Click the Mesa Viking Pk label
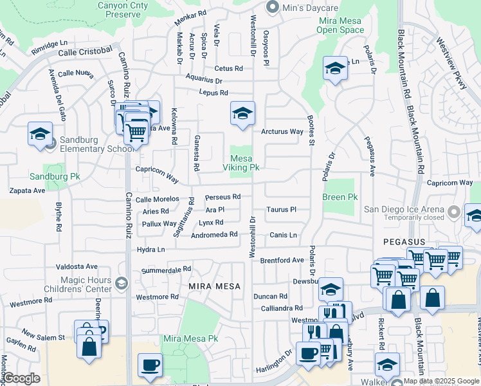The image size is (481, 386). click(x=245, y=163)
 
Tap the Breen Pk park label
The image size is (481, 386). click(x=340, y=197)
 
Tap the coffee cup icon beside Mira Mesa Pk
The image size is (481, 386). click(x=150, y=365)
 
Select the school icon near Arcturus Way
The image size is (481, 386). click(x=242, y=114)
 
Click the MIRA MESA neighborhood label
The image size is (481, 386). click(x=215, y=286)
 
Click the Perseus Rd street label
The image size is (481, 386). click(x=222, y=197)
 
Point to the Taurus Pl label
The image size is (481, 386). click(x=282, y=210)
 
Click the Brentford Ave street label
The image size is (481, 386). click(x=282, y=261)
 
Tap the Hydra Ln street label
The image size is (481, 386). click(x=150, y=249)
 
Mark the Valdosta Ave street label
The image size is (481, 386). click(x=77, y=266)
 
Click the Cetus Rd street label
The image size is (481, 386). click(x=228, y=68)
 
